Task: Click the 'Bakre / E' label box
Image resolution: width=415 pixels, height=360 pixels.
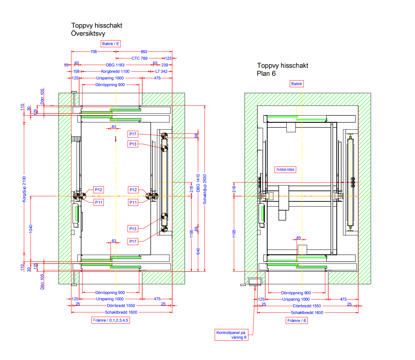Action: tap(111, 44)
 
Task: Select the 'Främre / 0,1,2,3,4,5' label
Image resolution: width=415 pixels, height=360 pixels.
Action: tap(111, 320)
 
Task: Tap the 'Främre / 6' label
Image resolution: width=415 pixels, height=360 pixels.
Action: tap(297, 321)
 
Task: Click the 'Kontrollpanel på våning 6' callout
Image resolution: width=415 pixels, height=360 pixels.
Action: tap(231, 335)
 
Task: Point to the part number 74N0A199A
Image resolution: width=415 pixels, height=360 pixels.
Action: tap(285, 170)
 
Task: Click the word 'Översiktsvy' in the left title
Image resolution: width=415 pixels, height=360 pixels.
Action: tap(88, 33)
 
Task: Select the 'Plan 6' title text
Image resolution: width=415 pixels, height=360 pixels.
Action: tap(266, 73)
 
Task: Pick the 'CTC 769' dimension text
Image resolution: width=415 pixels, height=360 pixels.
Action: tap(140, 58)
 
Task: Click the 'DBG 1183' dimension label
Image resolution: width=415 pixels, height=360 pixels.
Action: tap(115, 65)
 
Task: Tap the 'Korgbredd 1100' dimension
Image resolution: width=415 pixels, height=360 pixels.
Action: tap(115, 71)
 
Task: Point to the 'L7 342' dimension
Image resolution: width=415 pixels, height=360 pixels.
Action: tap(162, 71)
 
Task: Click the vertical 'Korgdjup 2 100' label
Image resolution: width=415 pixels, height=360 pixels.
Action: tap(24, 189)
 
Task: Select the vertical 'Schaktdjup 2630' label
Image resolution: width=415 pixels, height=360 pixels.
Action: tap(205, 189)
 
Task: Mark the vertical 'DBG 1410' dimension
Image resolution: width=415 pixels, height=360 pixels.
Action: tap(198, 183)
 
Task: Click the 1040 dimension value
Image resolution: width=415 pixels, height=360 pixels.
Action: tap(31, 229)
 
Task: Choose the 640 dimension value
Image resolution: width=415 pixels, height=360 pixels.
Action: tap(198, 251)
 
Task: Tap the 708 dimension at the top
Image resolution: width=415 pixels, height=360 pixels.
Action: tap(93, 52)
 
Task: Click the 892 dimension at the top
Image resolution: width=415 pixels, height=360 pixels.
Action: tap(144, 52)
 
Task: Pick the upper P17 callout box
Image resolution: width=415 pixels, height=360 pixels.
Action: tap(133, 134)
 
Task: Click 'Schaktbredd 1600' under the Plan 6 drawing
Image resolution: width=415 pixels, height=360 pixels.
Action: tap(307, 313)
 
